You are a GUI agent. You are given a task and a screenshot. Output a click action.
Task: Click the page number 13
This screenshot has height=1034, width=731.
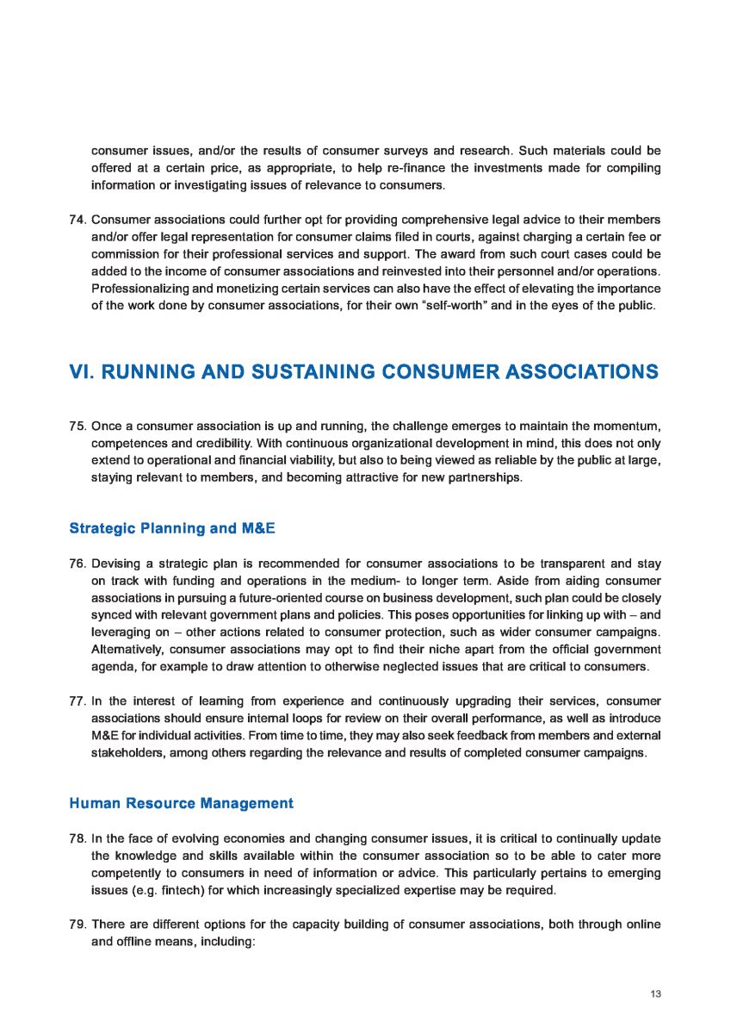click(x=655, y=994)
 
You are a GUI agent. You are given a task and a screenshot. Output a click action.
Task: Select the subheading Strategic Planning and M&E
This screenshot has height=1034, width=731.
click(x=171, y=527)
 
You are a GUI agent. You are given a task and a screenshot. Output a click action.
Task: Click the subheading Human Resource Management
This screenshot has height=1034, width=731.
click(x=181, y=803)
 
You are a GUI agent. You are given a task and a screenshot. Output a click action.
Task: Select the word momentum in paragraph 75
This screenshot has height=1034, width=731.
click(x=623, y=427)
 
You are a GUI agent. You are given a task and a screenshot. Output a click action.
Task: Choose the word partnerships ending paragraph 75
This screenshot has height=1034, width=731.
click(x=482, y=477)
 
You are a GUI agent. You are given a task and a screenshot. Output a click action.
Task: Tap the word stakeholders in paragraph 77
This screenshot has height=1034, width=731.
click(x=127, y=752)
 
